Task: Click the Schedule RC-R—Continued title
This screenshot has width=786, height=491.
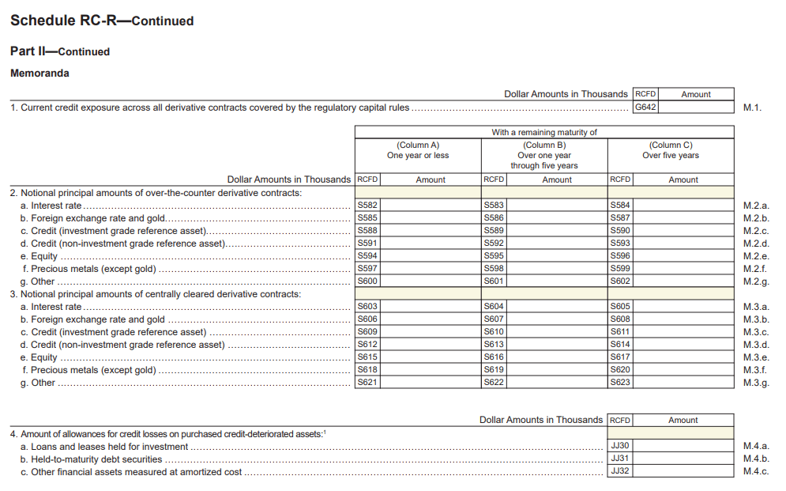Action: (102, 21)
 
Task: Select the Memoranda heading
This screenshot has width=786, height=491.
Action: (39, 74)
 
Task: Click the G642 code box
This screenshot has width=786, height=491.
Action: (645, 108)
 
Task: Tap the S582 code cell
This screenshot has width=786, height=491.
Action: (367, 206)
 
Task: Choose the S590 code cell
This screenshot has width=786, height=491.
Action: (620, 231)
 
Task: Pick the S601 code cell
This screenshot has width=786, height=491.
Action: (494, 281)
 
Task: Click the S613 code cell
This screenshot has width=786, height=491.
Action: (494, 345)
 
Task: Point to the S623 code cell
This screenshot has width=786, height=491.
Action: (620, 383)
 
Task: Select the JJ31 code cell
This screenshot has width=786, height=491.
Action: (620, 459)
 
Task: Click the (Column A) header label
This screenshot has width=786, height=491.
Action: (418, 145)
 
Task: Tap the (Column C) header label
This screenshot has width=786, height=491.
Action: (671, 145)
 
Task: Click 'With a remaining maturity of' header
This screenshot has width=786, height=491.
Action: (544, 132)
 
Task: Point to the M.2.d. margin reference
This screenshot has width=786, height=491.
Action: (756, 244)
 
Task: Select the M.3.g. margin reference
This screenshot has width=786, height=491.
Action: (756, 383)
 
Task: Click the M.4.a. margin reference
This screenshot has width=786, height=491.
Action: (756, 446)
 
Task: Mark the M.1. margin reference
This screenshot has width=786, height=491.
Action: (752, 108)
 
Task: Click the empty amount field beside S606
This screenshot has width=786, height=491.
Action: (431, 319)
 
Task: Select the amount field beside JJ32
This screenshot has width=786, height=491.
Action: (683, 471)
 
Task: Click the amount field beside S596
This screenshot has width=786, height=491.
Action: (683, 256)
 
